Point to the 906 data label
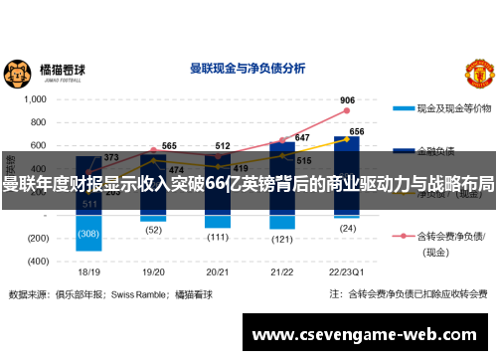pyautogui.click(x=347, y=100)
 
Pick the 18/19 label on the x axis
pyautogui.click(x=88, y=270)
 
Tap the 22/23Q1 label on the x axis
pyautogui.click(x=348, y=270)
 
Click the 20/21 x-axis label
pyautogui.click(x=218, y=270)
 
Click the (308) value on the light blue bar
pyautogui.click(x=88, y=234)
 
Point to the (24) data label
pyautogui.click(x=348, y=227)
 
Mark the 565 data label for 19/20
pyautogui.click(x=169, y=145)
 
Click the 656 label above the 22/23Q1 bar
pyautogui.click(x=356, y=131)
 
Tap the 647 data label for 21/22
pyautogui.click(x=302, y=138)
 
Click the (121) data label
pyautogui.click(x=282, y=239)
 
